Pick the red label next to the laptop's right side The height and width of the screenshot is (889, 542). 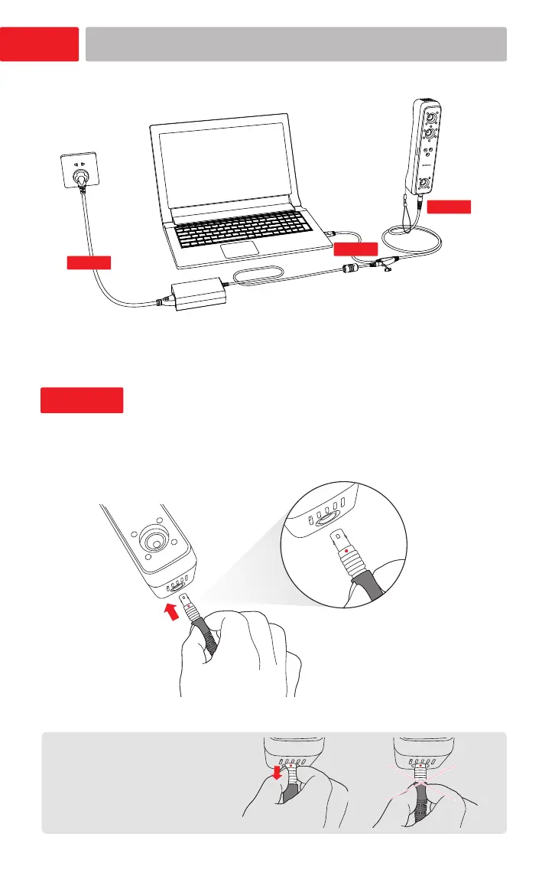click(x=356, y=248)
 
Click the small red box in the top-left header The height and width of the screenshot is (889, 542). click(x=40, y=44)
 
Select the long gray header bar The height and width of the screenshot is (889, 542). click(x=296, y=44)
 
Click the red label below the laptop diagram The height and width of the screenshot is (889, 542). click(x=82, y=400)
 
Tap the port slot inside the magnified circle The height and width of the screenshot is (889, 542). click(x=324, y=519)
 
